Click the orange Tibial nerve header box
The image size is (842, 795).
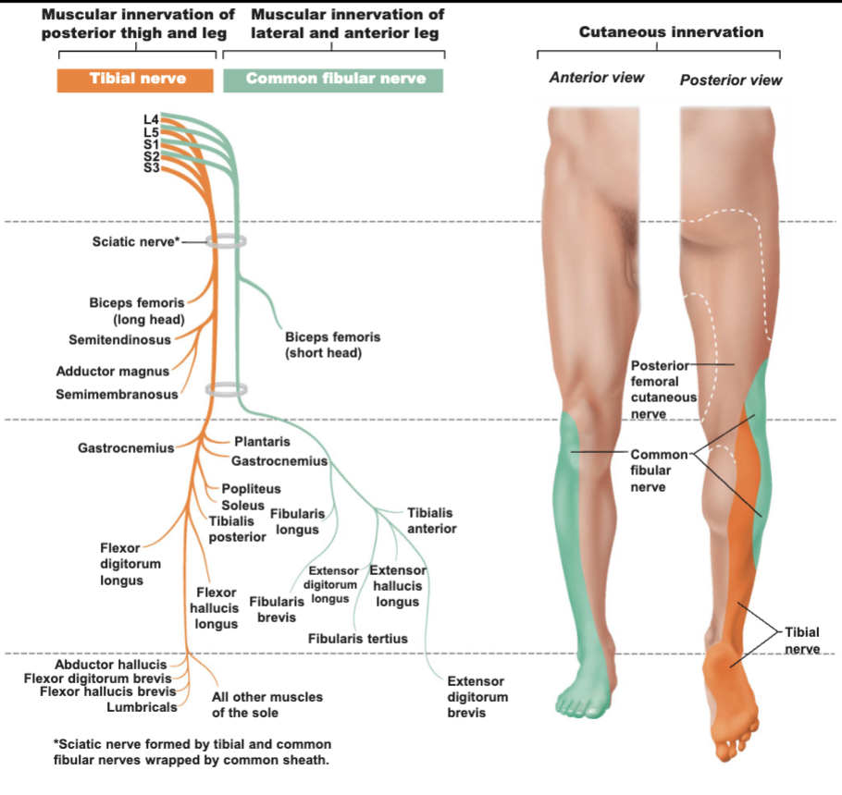pyautogui.click(x=135, y=80)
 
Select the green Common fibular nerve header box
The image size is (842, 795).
pyautogui.click(x=333, y=80)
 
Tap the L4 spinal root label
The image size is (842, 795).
pyautogui.click(x=151, y=119)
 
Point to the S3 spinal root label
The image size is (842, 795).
pyautogui.click(x=151, y=168)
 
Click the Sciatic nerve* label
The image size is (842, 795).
pyautogui.click(x=136, y=242)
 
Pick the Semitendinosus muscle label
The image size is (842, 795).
pyautogui.click(x=119, y=339)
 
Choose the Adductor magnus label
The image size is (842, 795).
pyautogui.click(x=113, y=372)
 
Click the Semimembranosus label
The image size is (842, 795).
pyautogui.click(x=118, y=395)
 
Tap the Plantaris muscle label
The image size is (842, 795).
pyautogui.click(x=262, y=442)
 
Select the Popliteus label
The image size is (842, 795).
pyautogui.click(x=252, y=489)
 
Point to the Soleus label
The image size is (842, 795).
pyautogui.click(x=242, y=506)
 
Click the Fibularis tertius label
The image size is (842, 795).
pyautogui.click(x=358, y=639)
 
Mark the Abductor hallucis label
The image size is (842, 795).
pyautogui.click(x=111, y=665)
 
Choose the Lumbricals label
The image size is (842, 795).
pyautogui.click(x=142, y=707)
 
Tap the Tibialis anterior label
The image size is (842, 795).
pyautogui.click(x=432, y=520)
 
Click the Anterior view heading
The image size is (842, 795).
pyautogui.click(x=597, y=78)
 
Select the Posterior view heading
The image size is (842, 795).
pyautogui.click(x=731, y=79)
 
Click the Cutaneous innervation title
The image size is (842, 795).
pyautogui.click(x=671, y=32)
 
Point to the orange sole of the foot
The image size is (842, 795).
pyautogui.click(x=731, y=697)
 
